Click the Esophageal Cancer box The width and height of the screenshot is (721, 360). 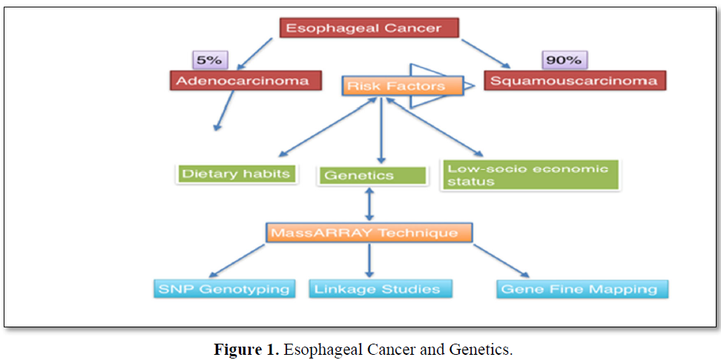369,29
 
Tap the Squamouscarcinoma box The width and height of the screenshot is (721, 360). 575,80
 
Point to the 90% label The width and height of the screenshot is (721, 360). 564,60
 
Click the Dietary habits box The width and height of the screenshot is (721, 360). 237,174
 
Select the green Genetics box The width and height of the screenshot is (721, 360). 373,176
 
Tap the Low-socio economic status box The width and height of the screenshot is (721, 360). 530,175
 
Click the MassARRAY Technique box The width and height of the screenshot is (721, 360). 369,232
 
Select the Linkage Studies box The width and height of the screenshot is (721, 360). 381,289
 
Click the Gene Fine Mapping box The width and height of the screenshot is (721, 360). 582,289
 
